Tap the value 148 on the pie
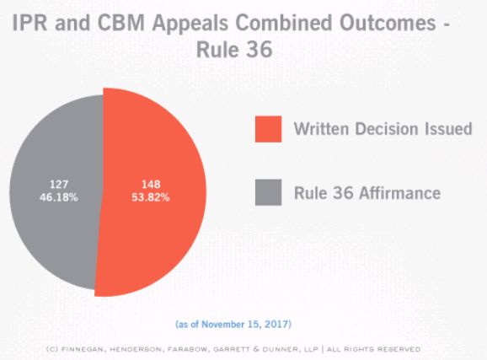pyautogui.click(x=151, y=185)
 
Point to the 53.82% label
pyautogui.click(x=151, y=197)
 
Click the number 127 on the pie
pyautogui.click(x=59, y=185)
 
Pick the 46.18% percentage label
pyautogui.click(x=59, y=197)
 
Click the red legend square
pyautogui.click(x=268, y=129)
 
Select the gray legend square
pyautogui.click(x=268, y=192)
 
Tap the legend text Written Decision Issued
pyautogui.click(x=383, y=129)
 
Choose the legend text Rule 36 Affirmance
pyautogui.click(x=367, y=193)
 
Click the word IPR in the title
pyautogui.click(x=29, y=23)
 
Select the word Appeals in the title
pyautogui.click(x=190, y=24)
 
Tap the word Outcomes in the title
pyautogui.click(x=388, y=23)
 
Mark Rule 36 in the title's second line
pyautogui.click(x=234, y=50)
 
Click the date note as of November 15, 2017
pyautogui.click(x=233, y=325)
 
